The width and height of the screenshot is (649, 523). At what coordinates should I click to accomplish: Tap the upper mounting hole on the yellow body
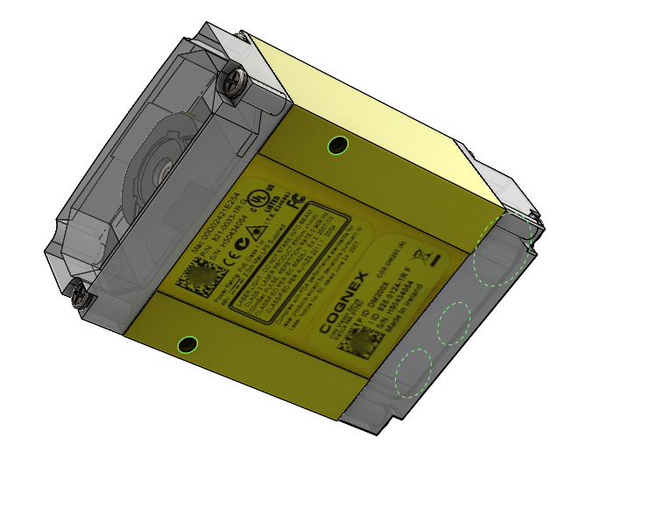337,145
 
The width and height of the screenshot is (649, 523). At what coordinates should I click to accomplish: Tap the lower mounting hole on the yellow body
187,343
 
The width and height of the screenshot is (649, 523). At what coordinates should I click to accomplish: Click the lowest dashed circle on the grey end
414,372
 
